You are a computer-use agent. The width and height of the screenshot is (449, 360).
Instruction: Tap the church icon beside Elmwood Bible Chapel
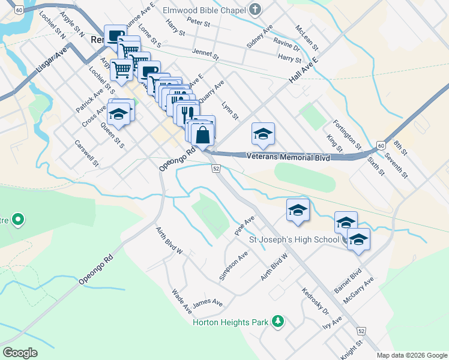tap(255, 10)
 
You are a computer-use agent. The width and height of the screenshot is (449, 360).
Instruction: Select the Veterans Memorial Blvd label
tap(289, 157)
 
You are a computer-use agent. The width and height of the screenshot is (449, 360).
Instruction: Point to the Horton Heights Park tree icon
tap(277, 322)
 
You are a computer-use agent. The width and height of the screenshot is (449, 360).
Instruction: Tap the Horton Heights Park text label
tap(230, 323)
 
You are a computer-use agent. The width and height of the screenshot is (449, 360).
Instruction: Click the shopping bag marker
tap(203, 135)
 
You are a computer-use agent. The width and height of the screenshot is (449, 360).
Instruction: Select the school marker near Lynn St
tap(263, 135)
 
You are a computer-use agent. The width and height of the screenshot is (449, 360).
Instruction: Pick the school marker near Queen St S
tap(119, 113)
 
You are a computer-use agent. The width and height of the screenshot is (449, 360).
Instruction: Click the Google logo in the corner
tap(20, 353)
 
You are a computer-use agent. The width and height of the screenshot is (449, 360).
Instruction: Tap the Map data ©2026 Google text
tap(412, 355)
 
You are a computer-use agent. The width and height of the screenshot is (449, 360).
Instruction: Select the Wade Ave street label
tap(181, 302)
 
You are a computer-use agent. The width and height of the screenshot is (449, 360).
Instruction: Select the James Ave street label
tap(208, 304)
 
